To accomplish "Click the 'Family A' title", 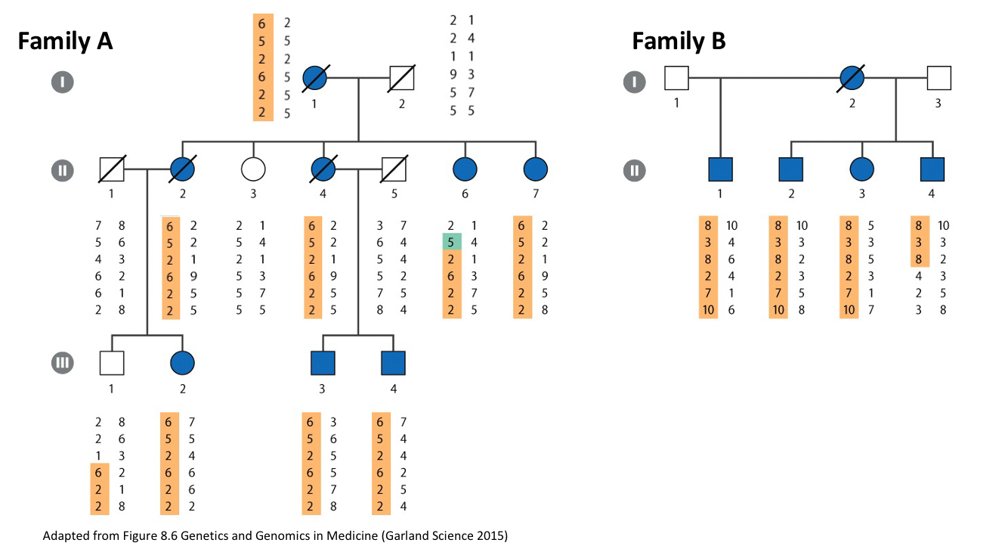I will click(65, 41).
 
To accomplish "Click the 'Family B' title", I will click(679, 41).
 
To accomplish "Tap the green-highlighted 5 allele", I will click(451, 243).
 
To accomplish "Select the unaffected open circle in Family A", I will click(253, 169).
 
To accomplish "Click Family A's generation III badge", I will click(63, 363).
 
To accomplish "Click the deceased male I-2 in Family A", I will click(401, 78).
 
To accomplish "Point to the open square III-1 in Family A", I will click(112, 363).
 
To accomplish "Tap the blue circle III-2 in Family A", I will click(183, 363).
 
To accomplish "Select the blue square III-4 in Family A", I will click(393, 363).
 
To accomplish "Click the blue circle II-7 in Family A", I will click(535, 169).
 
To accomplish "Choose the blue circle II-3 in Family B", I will click(861, 169).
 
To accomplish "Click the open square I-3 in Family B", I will click(939, 78).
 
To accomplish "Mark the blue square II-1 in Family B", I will click(720, 169).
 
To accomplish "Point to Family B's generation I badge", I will click(634, 82).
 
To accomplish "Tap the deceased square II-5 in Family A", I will click(393, 169).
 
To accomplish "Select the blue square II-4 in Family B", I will click(932, 169).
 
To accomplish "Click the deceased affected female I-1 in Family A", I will click(314, 78).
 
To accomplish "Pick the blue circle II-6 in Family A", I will click(465, 169).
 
